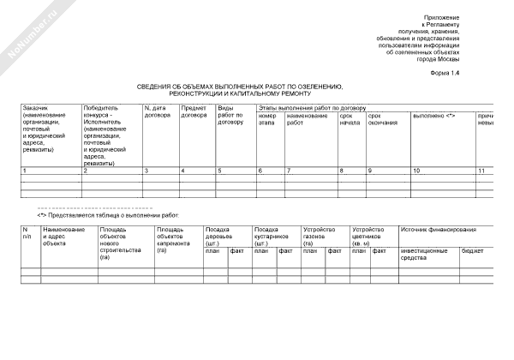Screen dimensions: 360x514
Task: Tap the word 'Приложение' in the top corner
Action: pos(442,18)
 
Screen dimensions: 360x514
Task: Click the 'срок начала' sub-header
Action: pos(350,119)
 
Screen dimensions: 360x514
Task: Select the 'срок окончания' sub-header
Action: pos(382,119)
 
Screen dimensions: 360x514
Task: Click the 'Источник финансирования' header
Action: pos(438,230)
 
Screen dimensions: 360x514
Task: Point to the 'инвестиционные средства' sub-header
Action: pos(424,255)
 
